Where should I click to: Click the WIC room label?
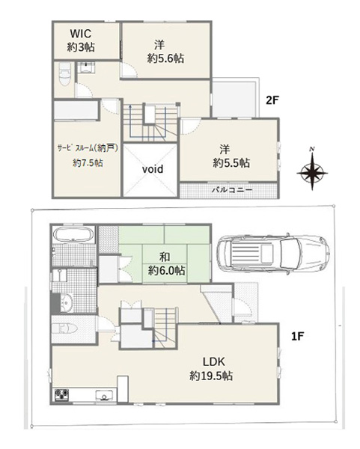click(81, 34)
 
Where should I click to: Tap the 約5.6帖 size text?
click(165, 58)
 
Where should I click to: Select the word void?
click(153, 169)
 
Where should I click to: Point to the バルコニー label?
click(232, 190)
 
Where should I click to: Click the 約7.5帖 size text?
click(88, 163)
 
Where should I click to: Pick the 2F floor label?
click(272, 100)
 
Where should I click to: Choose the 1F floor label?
click(297, 336)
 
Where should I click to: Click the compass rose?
click(312, 173)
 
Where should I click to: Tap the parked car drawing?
click(272, 254)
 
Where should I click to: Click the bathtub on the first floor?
click(74, 235)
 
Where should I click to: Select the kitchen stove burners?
click(62, 394)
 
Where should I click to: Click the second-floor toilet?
click(64, 75)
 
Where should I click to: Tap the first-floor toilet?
click(65, 329)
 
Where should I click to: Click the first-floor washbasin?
click(67, 303)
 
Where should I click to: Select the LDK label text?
click(214, 361)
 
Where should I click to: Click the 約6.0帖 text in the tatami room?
click(166, 271)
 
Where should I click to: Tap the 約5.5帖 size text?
click(231, 163)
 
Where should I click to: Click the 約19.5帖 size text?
click(211, 376)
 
